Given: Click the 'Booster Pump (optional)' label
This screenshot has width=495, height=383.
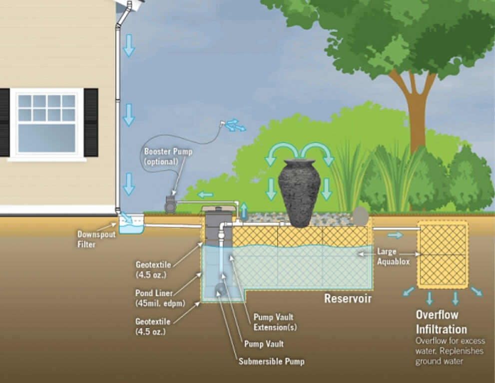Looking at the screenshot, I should click(x=161, y=156).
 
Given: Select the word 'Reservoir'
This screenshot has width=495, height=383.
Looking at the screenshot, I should click(x=348, y=299).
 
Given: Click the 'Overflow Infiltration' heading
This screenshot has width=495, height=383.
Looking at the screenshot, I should click(x=441, y=322).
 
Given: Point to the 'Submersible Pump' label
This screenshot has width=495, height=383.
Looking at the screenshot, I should click(x=271, y=361).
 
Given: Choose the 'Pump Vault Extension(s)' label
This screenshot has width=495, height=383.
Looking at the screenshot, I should click(x=274, y=322).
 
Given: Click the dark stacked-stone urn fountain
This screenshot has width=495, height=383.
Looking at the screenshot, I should click(x=299, y=192).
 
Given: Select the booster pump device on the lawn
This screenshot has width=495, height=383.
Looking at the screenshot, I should click(x=171, y=204).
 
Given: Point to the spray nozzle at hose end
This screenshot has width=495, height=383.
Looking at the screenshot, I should click(x=223, y=123).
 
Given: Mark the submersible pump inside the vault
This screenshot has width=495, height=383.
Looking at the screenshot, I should click(x=220, y=289).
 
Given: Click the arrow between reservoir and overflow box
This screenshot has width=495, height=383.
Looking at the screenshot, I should click(x=395, y=235).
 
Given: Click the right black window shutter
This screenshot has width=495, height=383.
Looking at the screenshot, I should click(x=91, y=123).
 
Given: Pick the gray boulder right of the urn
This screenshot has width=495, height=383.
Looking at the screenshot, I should click(x=360, y=216).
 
